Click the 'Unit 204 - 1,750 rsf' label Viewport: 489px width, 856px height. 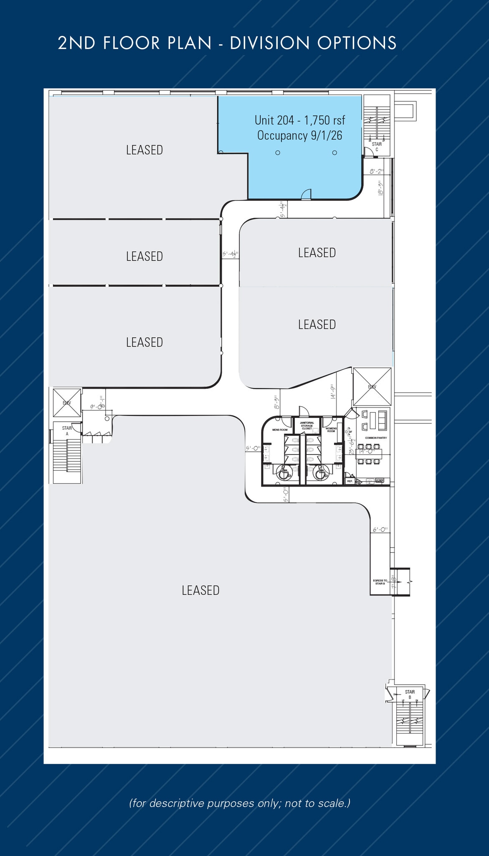[x=300, y=120]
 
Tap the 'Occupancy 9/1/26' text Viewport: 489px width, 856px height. [x=300, y=136]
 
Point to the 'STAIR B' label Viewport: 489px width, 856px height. [x=410, y=695]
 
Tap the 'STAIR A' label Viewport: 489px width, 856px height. [x=67, y=431]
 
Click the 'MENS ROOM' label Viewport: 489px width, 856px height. [x=279, y=430]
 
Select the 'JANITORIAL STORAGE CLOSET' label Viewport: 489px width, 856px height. [x=307, y=425]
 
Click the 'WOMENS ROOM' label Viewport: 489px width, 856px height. [x=331, y=430]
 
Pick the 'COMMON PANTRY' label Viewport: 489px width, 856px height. [x=376, y=438]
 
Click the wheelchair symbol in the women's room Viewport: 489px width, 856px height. [x=319, y=473]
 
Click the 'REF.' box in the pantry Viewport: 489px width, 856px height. [x=350, y=481]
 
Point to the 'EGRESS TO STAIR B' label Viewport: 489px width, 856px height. [x=380, y=582]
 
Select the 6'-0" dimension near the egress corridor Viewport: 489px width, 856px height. [x=380, y=530]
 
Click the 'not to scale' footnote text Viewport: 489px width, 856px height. [x=317, y=803]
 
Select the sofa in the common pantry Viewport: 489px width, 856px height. [x=382, y=420]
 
